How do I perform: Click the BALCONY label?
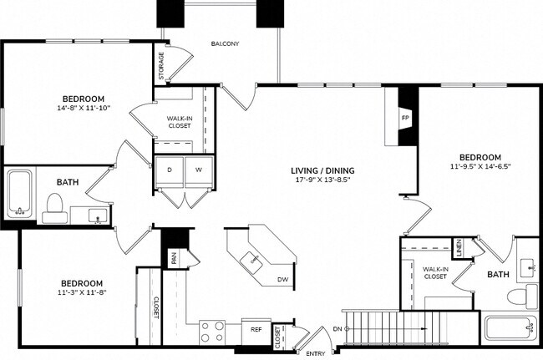pos(226,43)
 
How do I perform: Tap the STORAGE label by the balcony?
pos(162,66)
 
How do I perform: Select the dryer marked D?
pos(170,170)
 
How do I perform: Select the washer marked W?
pos(199,170)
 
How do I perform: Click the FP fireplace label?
pos(405,118)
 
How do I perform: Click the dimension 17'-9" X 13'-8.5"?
pos(323,180)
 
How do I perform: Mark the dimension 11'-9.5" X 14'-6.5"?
pos(480,166)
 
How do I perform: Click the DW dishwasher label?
pos(282,280)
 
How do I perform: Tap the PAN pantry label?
pos(174,258)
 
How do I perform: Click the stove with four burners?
pos(212,330)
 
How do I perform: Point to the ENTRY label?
pos(316,354)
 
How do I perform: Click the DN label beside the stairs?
pos(337,329)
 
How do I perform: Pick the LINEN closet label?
pos(459,247)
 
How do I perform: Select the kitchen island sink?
pos(254,259)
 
